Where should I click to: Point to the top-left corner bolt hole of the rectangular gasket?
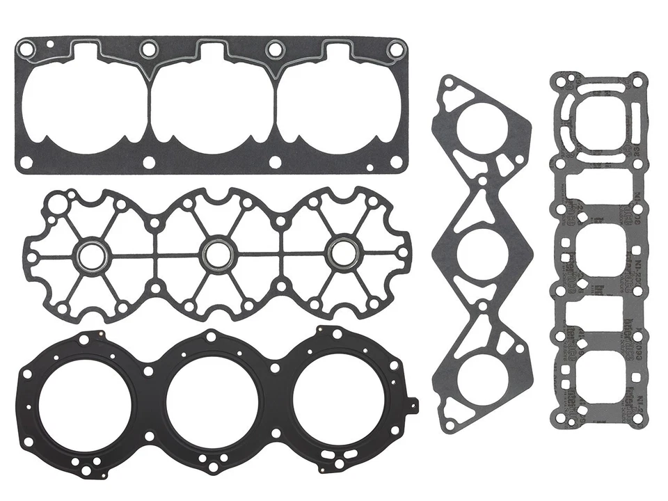pos(26,49)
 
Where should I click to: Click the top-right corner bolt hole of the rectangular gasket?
pos(395,49)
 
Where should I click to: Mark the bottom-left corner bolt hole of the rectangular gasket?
pos(26,162)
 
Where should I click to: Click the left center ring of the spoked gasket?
pos(91,255)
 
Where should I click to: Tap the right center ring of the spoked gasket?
pos(340,255)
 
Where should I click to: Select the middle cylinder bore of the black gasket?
pos(212,404)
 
